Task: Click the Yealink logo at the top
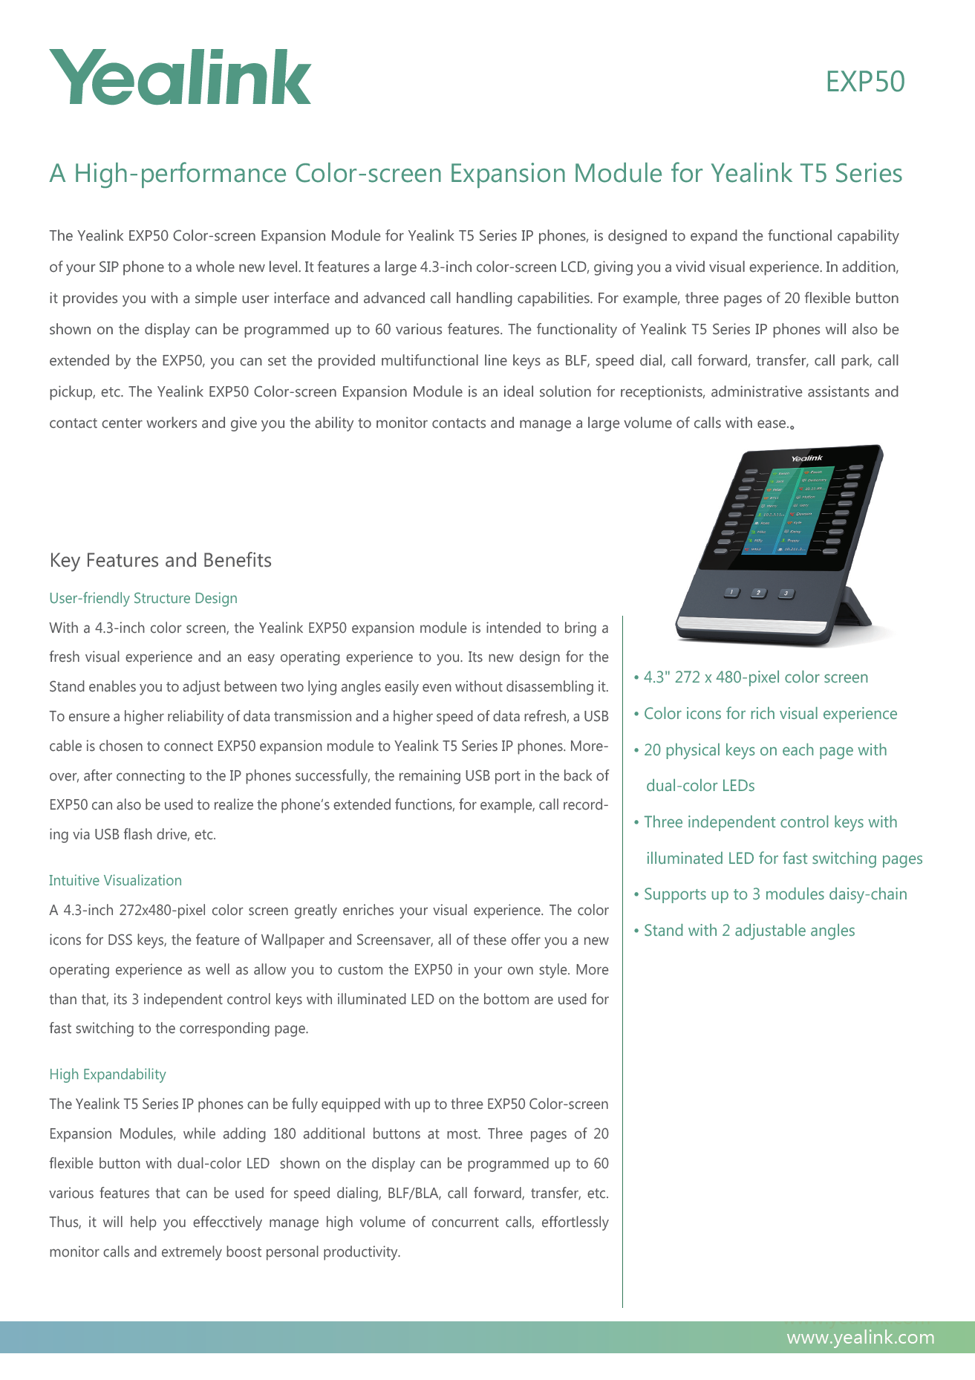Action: [x=180, y=77]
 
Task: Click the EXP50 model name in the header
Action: [x=865, y=82]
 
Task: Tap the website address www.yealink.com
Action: [x=860, y=1338]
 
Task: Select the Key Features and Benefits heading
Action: [x=160, y=560]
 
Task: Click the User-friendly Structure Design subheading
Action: [x=143, y=598]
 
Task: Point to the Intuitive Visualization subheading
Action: [x=115, y=880]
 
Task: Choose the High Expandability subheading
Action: [x=108, y=1074]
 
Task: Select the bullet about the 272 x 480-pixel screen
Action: [x=755, y=677]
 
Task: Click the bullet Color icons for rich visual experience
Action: [x=770, y=714]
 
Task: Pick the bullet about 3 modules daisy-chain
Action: [x=775, y=894]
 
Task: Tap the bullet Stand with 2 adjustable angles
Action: [x=749, y=931]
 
